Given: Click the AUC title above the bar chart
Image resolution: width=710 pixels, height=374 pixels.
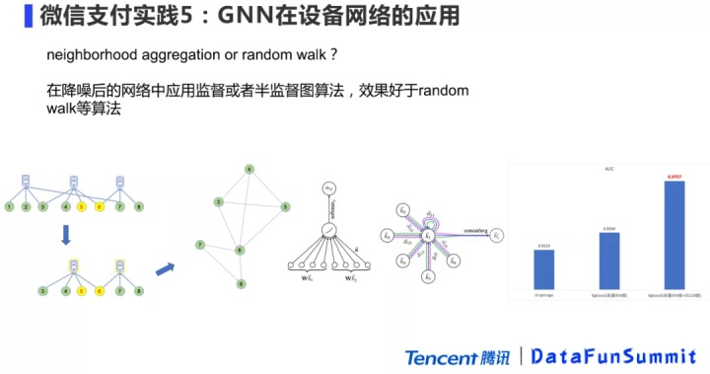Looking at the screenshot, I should point(607,169).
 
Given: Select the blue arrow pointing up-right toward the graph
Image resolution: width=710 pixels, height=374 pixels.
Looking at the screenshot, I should point(166,266).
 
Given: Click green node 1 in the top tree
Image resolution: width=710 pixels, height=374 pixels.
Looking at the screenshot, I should point(9,207).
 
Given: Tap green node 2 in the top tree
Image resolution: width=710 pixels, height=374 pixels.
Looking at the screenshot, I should point(26,207).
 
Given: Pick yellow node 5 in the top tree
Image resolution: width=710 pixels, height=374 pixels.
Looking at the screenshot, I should point(83,207).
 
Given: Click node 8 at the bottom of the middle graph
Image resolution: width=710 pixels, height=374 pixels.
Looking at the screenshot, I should point(241,284).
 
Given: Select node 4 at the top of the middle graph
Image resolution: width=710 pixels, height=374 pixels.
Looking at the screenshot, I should point(248,169).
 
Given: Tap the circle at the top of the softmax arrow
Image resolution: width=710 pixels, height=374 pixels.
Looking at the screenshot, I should point(329,187).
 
